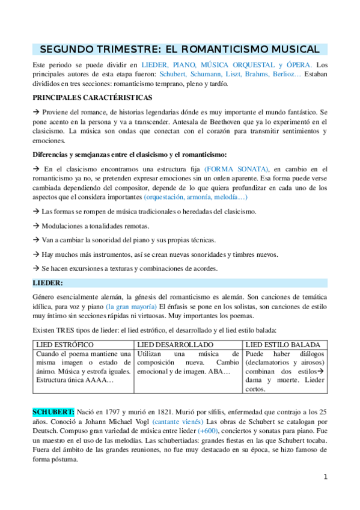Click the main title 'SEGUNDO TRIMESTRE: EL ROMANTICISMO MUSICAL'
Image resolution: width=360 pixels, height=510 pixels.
180,49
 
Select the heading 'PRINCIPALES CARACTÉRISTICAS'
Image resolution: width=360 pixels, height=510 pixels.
93,97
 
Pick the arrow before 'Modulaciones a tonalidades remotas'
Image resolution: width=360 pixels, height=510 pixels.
35,226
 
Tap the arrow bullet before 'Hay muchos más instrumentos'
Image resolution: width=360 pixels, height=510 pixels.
35,254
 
